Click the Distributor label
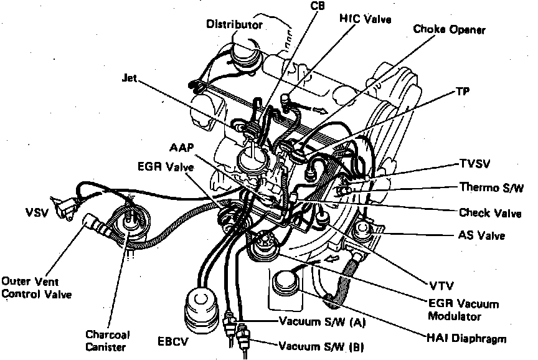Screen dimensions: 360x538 (x=234, y=25)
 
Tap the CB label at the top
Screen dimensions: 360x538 (x=317, y=6)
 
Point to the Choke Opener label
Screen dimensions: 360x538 (x=450, y=29)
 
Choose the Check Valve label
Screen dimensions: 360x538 (x=490, y=213)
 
